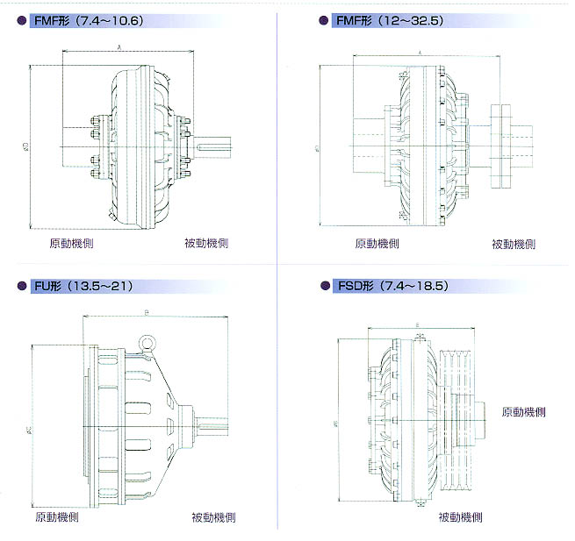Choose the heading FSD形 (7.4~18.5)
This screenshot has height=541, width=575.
click(390, 286)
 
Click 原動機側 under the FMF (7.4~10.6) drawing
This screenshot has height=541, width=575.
click(71, 243)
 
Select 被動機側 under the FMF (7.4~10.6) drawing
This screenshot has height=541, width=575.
click(207, 243)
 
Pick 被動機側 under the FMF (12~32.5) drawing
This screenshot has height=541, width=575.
click(514, 244)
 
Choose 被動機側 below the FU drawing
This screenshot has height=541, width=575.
click(213, 517)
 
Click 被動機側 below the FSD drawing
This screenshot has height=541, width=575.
click(460, 517)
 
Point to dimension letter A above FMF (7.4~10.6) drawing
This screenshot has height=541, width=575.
click(119, 47)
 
